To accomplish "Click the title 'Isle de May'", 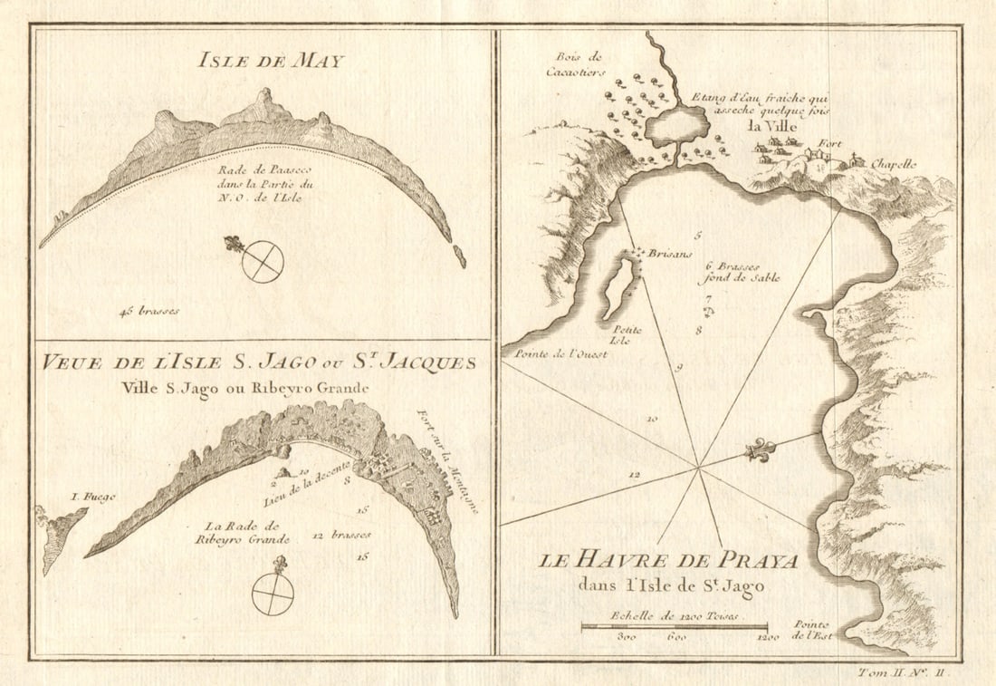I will click(263, 62).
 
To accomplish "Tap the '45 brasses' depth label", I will click(148, 311).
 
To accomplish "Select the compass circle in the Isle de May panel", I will click(263, 263).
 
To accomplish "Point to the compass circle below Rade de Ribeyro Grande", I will click(273, 594).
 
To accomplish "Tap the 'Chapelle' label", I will click(919, 164).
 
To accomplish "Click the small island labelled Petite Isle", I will click(619, 286).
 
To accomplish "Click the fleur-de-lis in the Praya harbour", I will click(759, 450).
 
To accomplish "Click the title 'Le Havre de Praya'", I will click(669, 561).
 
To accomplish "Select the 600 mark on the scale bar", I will click(675, 638).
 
